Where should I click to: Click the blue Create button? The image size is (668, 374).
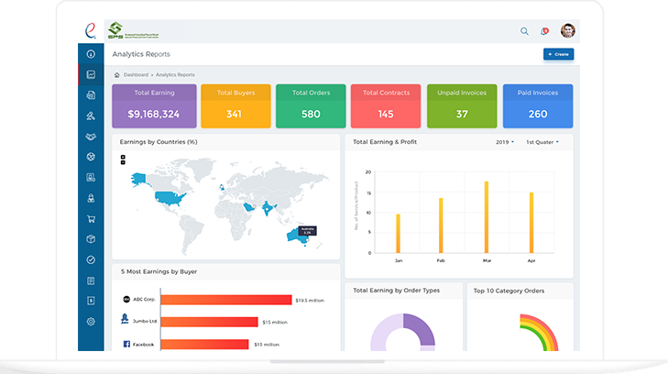pos(558,55)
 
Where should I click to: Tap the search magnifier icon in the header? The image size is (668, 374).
pos(524,31)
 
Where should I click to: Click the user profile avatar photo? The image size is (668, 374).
pos(568,31)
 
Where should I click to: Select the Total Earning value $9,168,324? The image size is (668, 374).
pos(154,114)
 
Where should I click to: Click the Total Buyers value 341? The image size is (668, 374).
pos(235,114)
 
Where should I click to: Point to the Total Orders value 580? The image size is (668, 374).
pos(311,114)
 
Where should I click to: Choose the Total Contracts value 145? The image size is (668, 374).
pos(386,114)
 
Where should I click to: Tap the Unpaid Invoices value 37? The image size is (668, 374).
pos(462,114)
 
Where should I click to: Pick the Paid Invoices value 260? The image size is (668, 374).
pos(538,114)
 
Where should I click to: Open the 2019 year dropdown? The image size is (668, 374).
pos(504,142)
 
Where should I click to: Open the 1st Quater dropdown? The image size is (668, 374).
pos(542,142)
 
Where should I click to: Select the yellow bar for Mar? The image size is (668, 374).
pos(486,217)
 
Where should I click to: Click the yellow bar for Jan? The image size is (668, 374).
pos(398,234)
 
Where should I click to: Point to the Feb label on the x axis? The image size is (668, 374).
pos(442,260)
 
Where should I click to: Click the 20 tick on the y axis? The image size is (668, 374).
pos(367,172)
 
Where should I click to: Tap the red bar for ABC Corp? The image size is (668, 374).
pos(225,299)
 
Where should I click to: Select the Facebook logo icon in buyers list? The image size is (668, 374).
pos(126,344)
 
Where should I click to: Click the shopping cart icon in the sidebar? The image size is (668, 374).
pos(92,219)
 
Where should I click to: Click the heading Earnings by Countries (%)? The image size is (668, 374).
pos(159,142)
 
